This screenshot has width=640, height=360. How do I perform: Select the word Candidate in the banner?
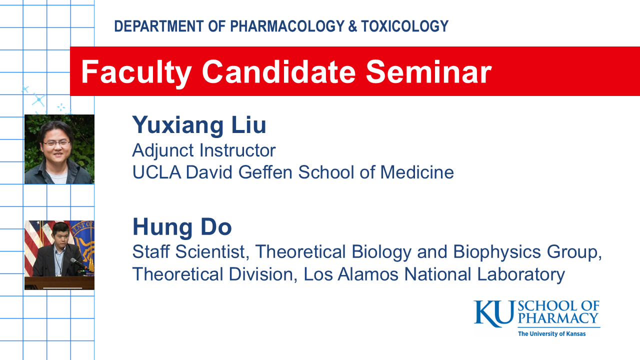click(278, 71)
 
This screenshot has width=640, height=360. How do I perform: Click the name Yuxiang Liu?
click(199, 125)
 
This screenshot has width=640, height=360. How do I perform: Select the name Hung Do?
click(182, 227)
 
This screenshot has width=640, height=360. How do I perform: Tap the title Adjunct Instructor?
click(204, 150)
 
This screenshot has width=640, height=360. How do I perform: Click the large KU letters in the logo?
click(493, 313)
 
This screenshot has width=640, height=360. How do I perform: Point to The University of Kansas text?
click(551, 334)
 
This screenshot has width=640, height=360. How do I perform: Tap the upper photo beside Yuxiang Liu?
click(59, 149)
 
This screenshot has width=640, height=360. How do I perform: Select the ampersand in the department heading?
click(352, 26)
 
